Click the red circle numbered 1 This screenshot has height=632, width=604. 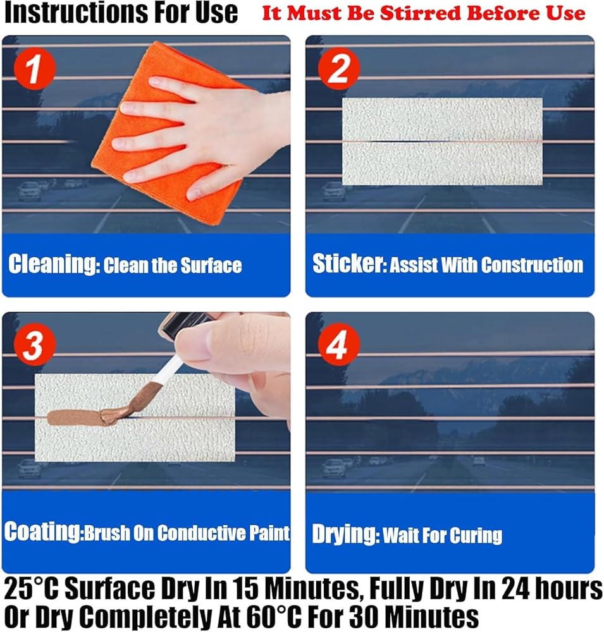tap(34, 69)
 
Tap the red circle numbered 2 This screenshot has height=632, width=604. tap(338, 69)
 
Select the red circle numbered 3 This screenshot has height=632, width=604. tap(34, 345)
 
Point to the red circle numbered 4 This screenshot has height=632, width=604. tap(338, 345)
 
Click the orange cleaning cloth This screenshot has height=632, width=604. tap(169, 133)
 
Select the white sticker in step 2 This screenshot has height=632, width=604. tap(442, 141)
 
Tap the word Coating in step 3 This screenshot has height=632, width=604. tap(43, 532)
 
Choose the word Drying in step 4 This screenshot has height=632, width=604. tap(345, 535)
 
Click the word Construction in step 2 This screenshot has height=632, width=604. tap(532, 265)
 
